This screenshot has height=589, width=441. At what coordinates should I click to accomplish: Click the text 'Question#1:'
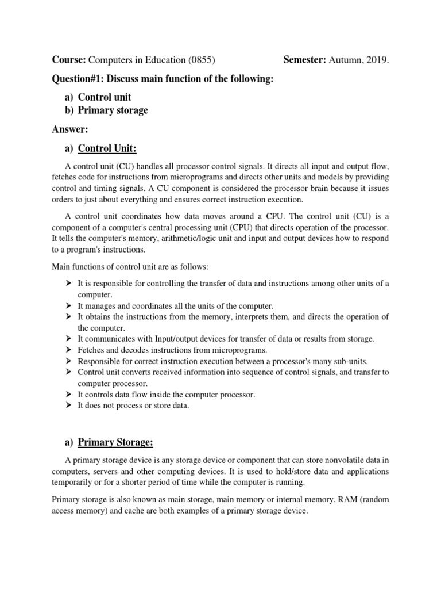(77, 78)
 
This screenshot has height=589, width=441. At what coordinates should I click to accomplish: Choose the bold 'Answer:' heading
(70, 129)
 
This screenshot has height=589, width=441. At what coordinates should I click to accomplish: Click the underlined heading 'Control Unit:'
(107, 149)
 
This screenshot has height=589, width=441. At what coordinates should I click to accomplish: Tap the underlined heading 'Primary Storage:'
(115, 442)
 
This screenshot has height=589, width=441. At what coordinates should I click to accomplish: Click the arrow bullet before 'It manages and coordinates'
(68, 305)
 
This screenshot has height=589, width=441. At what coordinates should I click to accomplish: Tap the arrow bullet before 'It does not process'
(68, 406)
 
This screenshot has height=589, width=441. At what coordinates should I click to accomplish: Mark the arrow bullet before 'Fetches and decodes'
(68, 350)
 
